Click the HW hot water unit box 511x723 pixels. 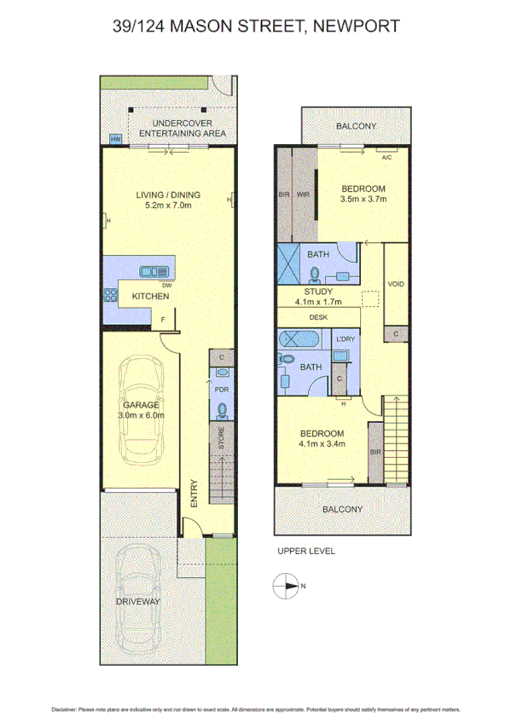[114, 140]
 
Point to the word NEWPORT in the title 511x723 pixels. [357, 26]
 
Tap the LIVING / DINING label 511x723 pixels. [168, 194]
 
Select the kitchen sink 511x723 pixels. [155, 271]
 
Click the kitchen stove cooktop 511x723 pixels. [109, 296]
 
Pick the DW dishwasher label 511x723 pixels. [167, 285]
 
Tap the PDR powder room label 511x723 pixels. [221, 390]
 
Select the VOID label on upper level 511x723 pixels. [395, 284]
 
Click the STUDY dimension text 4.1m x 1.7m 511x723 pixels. [316, 301]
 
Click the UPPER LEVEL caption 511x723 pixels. [306, 551]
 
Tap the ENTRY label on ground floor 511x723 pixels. [194, 493]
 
